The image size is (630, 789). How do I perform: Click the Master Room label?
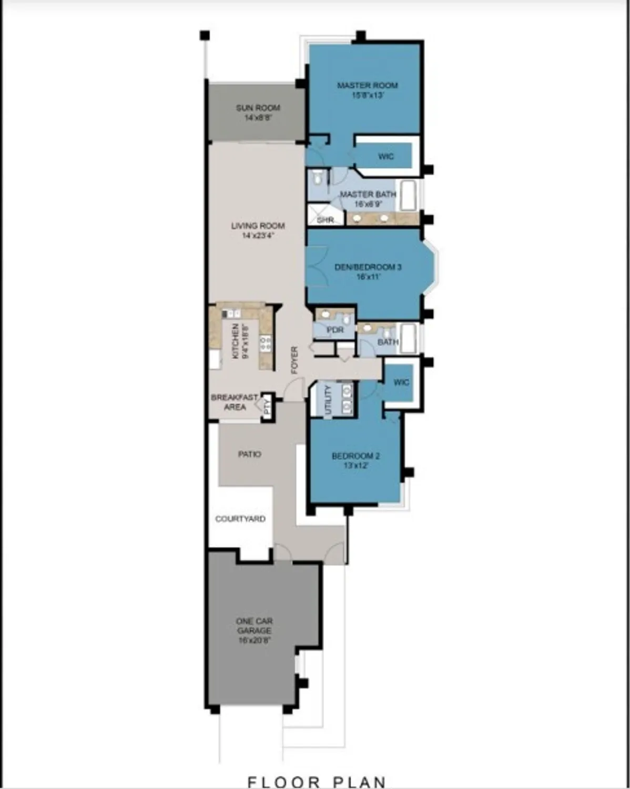(367, 90)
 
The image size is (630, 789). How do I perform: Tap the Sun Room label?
(258, 113)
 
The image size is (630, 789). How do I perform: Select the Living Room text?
(258, 230)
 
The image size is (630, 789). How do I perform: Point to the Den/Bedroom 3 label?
(368, 271)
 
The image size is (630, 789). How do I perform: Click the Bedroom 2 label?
(355, 460)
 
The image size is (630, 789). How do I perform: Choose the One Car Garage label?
(254, 630)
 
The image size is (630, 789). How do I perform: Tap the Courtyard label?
(240, 519)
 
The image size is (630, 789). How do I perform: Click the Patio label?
(249, 454)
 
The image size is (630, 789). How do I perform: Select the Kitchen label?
(239, 341)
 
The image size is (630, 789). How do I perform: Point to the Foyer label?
(294, 360)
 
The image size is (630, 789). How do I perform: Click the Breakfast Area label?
(235, 402)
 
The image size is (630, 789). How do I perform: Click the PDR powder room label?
(335, 330)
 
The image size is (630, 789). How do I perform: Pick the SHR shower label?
(325, 220)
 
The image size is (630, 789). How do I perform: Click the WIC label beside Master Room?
(386, 156)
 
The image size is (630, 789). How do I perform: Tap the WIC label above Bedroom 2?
(401, 382)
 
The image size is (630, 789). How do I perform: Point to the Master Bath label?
(368, 199)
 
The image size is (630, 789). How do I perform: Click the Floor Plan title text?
(317, 782)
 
